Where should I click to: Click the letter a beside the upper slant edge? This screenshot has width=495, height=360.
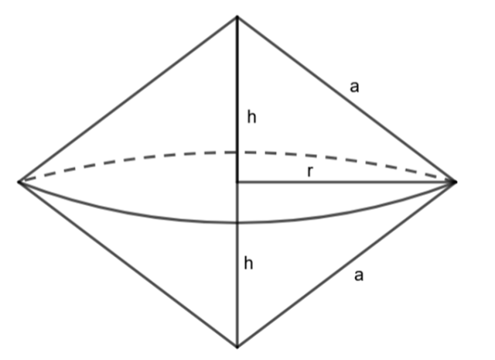(354, 87)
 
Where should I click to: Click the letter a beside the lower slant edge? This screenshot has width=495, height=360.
(359, 276)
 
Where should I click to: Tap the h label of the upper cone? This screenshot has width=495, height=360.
(251, 117)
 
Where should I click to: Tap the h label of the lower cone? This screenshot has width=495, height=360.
(249, 262)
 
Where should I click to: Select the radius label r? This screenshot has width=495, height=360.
(310, 171)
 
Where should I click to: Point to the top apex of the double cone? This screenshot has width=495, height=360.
(237, 16)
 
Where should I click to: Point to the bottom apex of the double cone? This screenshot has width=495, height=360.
(237, 347)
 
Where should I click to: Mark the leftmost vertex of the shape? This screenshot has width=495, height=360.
(19, 182)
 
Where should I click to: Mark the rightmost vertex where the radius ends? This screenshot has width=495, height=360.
(456, 182)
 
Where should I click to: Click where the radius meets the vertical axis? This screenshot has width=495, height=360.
(237, 182)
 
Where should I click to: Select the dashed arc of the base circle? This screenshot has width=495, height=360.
(237, 153)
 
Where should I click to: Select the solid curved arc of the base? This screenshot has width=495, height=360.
(237, 223)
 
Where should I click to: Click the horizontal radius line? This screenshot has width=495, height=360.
(346, 182)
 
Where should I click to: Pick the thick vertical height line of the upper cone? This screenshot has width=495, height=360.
(237, 99)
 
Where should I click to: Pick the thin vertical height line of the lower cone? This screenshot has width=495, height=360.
(237, 265)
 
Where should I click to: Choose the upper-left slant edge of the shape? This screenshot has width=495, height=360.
(128, 99)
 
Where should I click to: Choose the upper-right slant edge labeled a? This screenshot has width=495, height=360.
(346, 99)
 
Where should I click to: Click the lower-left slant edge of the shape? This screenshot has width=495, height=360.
(128, 265)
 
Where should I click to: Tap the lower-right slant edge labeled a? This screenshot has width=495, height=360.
(346, 265)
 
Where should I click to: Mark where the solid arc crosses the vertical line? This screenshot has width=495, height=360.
(237, 223)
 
